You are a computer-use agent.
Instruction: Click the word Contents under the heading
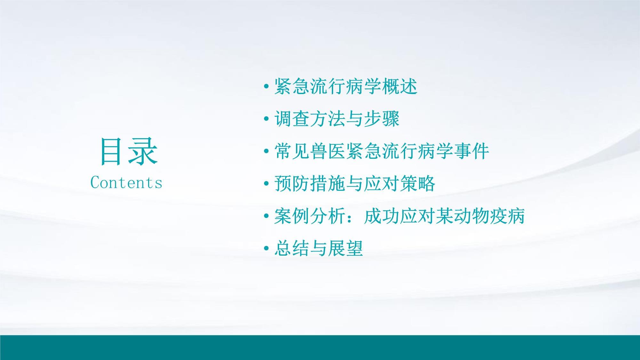point(126,183)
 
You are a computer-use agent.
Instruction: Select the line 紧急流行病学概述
point(346,86)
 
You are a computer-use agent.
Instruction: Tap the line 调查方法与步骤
point(337,119)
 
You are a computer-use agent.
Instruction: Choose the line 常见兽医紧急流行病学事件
point(381,151)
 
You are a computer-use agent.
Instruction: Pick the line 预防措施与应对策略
point(355,183)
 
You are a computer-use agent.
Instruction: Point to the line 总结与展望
point(318,248)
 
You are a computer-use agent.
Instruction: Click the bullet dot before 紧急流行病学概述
point(266,87)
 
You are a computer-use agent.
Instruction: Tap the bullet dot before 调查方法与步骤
point(266,119)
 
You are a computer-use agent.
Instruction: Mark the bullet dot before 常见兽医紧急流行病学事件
point(266,151)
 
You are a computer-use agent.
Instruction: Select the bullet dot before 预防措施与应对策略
point(266,184)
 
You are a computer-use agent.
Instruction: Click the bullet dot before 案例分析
point(266,216)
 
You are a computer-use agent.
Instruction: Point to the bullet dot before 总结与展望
point(266,249)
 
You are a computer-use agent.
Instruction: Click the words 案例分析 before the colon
point(310,216)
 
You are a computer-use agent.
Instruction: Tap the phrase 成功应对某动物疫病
point(444,216)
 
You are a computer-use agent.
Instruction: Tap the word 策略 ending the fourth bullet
point(417,183)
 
